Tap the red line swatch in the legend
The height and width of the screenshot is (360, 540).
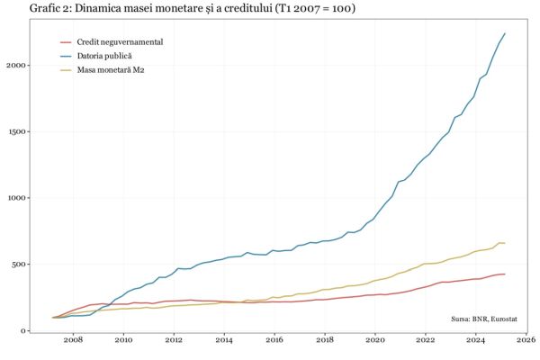coord(66,42)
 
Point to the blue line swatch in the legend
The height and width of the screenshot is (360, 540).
coord(66,56)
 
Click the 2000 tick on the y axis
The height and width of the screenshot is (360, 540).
coord(15,65)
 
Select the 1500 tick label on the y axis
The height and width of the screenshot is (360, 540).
coord(15,131)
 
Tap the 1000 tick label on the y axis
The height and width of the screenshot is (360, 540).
coord(15,198)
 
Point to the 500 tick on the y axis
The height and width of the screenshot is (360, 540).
coord(18,265)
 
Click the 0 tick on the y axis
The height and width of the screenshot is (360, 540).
coord(23,331)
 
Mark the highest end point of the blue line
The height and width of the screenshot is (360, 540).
coord(505,33)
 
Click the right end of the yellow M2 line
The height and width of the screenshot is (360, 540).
coord(505,243)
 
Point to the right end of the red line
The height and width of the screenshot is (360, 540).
coord(505,274)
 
